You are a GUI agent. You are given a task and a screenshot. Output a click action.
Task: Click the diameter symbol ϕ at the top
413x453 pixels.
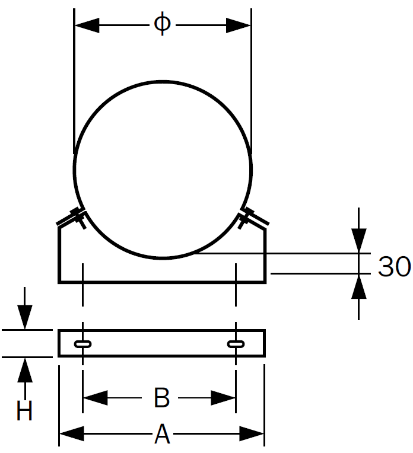[162, 24]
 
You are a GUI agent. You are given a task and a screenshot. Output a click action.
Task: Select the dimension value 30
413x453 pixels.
[395, 267]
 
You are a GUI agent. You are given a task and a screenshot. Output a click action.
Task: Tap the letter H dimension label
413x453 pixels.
[24, 411]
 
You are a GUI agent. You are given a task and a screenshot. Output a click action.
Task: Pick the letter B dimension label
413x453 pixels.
[161, 398]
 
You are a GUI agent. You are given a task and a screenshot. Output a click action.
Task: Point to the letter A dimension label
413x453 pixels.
[162, 436]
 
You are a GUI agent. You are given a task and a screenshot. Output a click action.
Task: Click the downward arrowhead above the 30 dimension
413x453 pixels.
[359, 240]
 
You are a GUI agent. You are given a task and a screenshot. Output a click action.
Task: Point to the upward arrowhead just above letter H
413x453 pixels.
[24, 370]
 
